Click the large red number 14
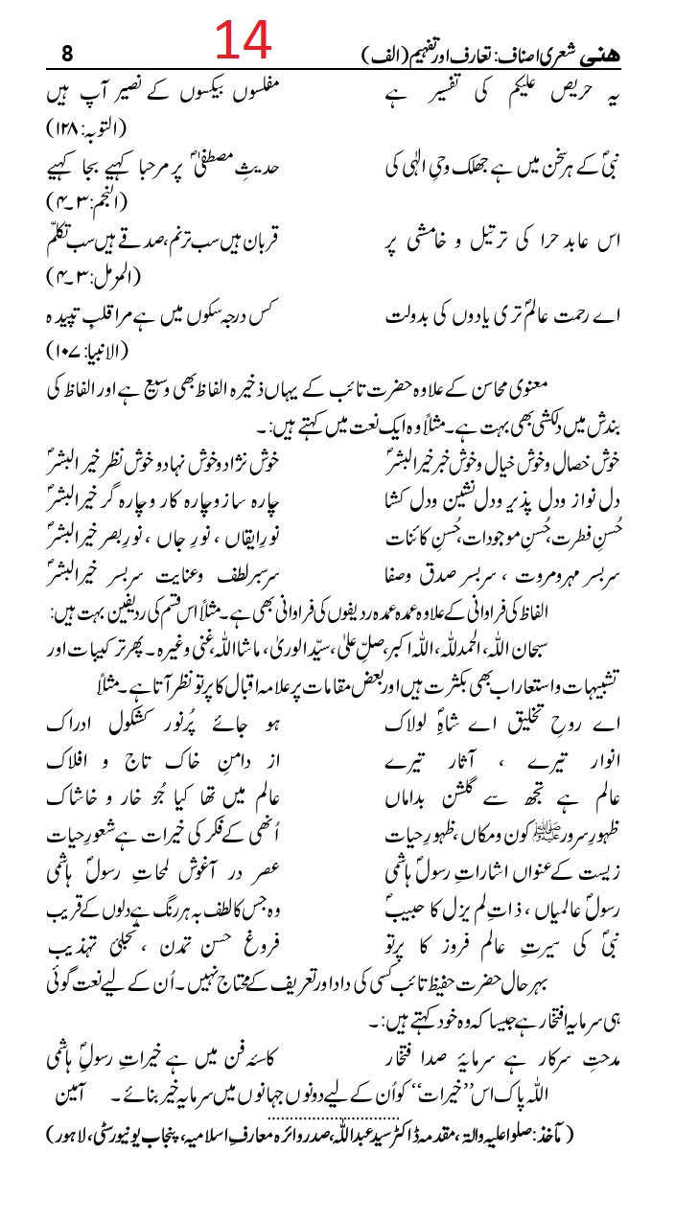(x=244, y=43)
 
